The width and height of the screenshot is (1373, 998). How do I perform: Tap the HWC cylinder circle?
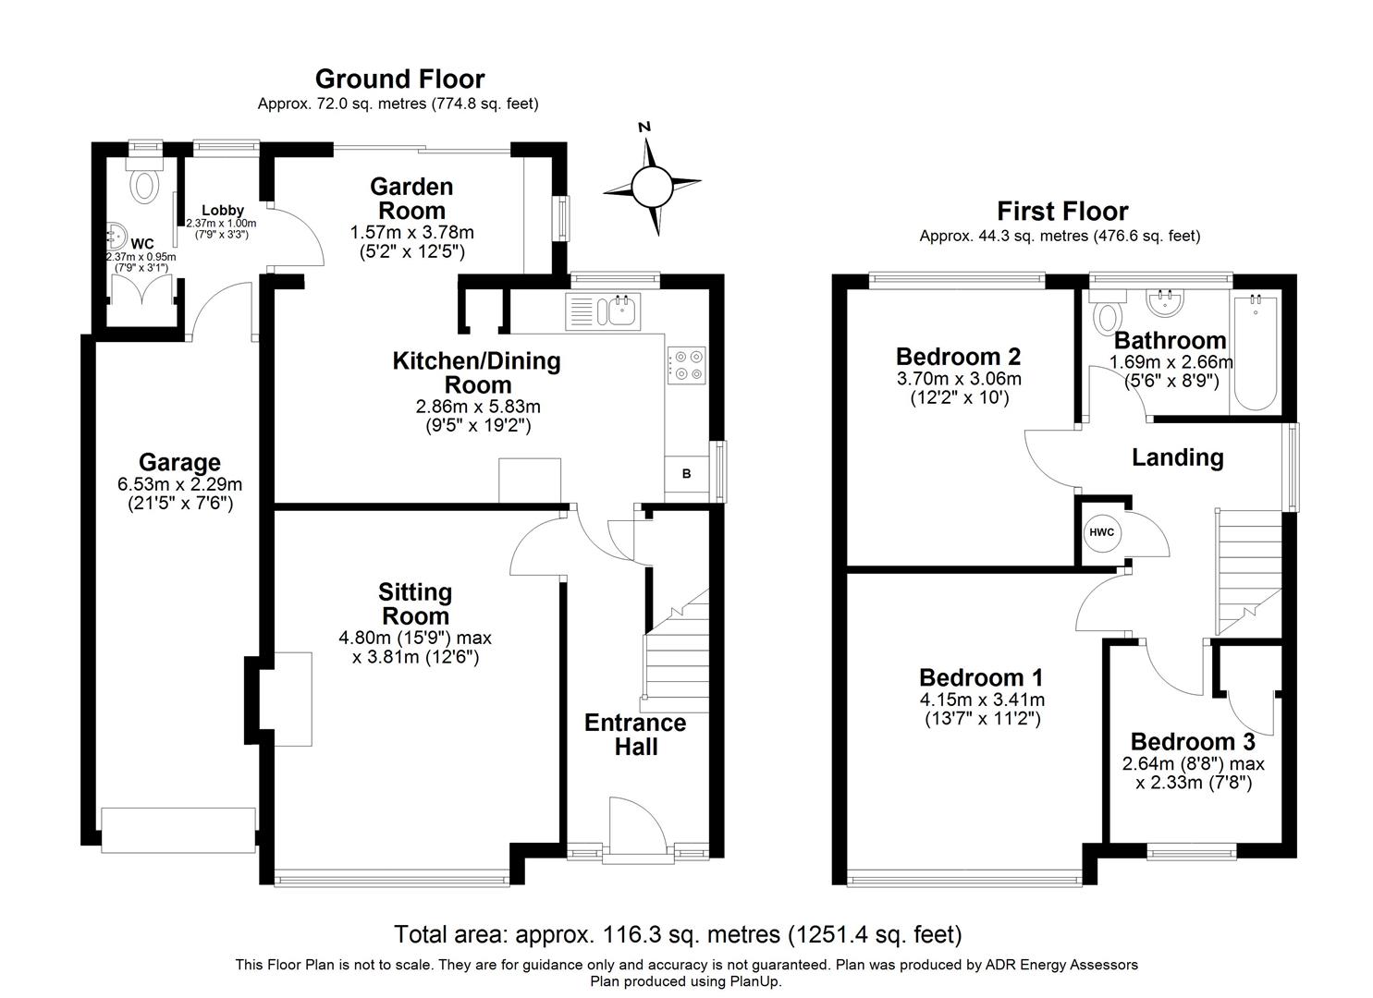1100,533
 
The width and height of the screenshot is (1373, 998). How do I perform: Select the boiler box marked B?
686,474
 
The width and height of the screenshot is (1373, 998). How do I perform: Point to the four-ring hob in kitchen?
685,363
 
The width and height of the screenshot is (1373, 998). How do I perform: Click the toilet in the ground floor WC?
144,183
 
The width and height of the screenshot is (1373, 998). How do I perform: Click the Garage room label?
179,462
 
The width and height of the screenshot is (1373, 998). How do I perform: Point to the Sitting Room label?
415,603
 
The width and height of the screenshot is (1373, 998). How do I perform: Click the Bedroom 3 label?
1193,742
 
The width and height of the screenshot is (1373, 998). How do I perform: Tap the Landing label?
1177,457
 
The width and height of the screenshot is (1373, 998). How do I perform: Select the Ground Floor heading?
399,79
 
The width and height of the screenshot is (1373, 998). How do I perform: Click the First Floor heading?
1061,212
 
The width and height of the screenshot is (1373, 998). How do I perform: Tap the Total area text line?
678,934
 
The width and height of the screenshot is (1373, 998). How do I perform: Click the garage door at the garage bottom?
178,830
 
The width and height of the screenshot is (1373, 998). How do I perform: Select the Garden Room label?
411,198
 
